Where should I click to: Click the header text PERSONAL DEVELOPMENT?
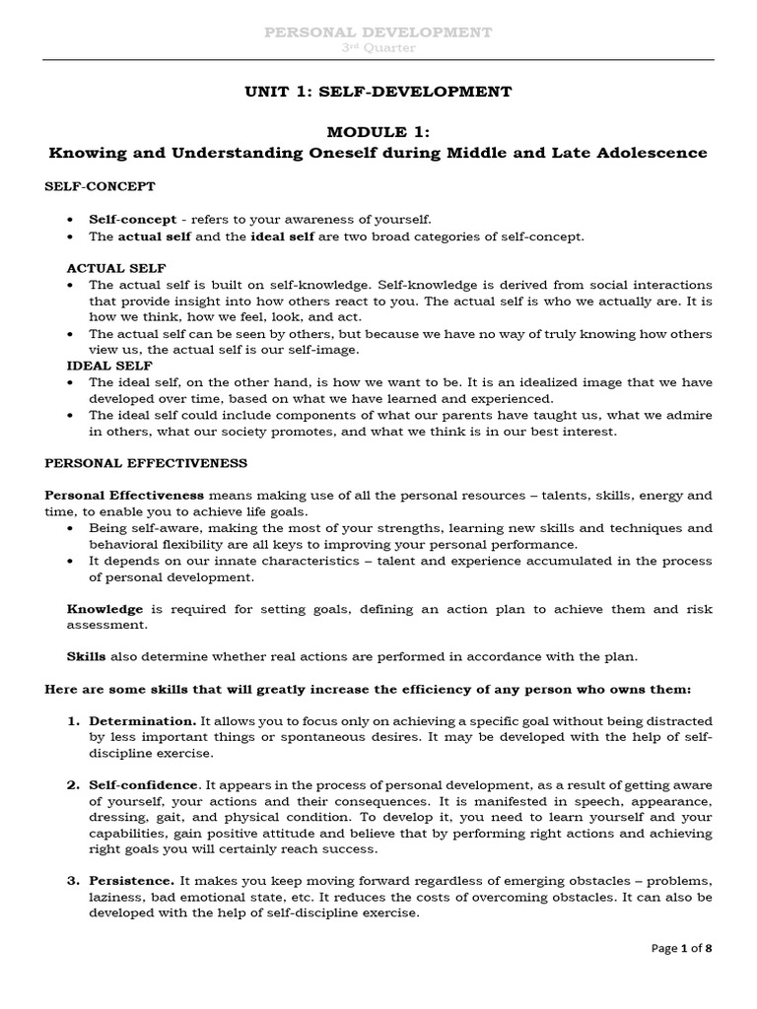click(x=379, y=33)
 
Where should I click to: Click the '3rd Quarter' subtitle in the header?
click(x=379, y=47)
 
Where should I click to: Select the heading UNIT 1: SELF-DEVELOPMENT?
click(x=378, y=92)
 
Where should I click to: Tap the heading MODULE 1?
click(x=378, y=133)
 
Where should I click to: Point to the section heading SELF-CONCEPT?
click(x=100, y=185)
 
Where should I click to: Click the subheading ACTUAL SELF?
click(x=115, y=267)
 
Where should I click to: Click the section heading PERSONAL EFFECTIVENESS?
click(x=146, y=462)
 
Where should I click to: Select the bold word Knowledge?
click(x=104, y=609)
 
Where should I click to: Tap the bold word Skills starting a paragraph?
click(x=86, y=655)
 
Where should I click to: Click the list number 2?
click(x=72, y=785)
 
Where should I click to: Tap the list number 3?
click(x=72, y=881)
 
